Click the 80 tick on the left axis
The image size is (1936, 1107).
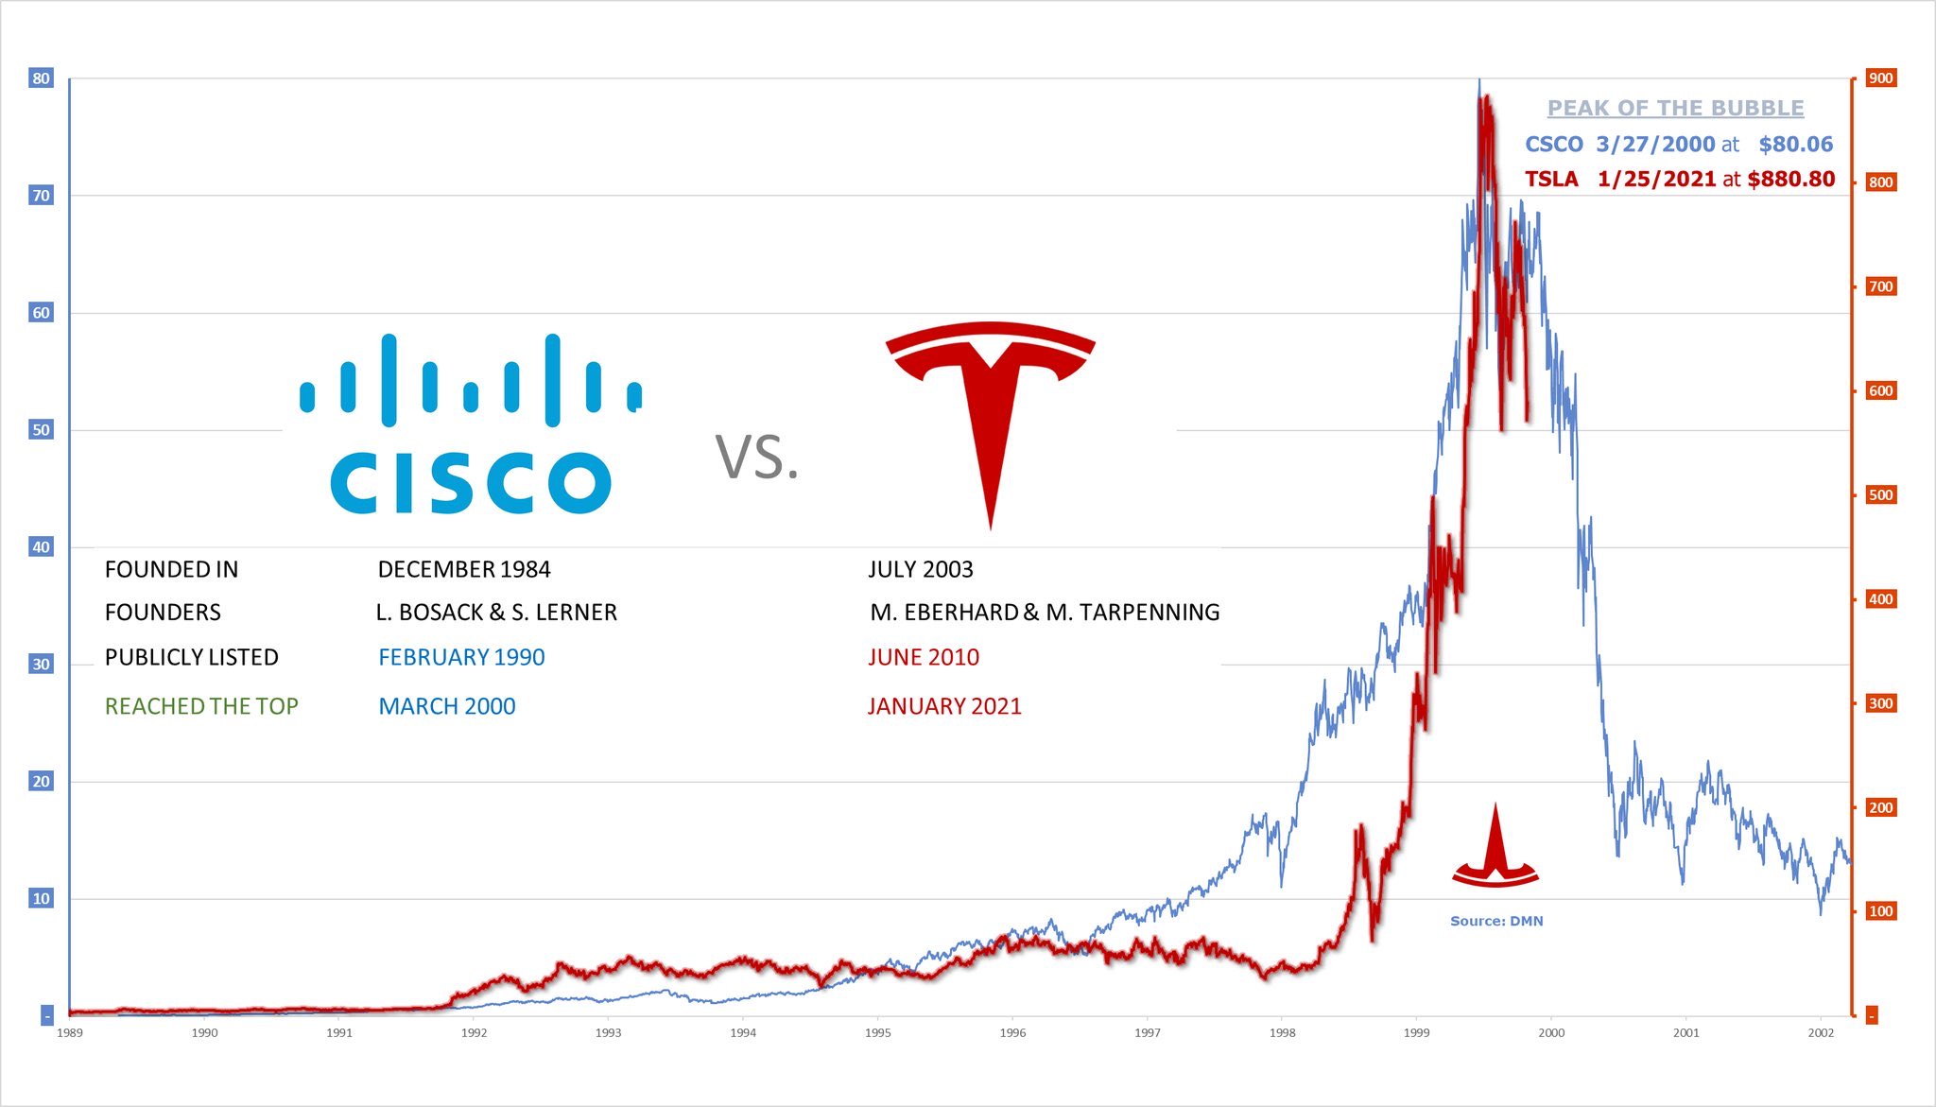pyautogui.click(x=41, y=78)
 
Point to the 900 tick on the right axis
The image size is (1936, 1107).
pyautogui.click(x=1880, y=78)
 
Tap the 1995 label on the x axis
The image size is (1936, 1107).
pyautogui.click(x=877, y=1033)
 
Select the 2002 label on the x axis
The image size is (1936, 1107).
pyautogui.click(x=1820, y=1033)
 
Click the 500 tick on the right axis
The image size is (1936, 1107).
pyautogui.click(x=1880, y=495)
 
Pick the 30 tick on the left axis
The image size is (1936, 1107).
pyautogui.click(x=41, y=665)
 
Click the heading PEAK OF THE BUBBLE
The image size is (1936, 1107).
pyautogui.click(x=1675, y=109)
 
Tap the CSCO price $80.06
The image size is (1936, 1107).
pyautogui.click(x=1795, y=145)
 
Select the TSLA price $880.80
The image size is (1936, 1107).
pyautogui.click(x=1790, y=180)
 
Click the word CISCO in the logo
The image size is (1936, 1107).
pyautogui.click(x=470, y=482)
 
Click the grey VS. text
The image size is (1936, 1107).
pyautogui.click(x=757, y=458)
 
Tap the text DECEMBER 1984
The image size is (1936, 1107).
pyautogui.click(x=463, y=569)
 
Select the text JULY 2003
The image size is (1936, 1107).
pyautogui.click(x=920, y=569)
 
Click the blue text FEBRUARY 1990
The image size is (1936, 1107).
pyautogui.click(x=461, y=657)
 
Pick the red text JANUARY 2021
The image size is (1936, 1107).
pyautogui.click(x=944, y=706)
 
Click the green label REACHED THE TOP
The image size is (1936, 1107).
pyautogui.click(x=201, y=706)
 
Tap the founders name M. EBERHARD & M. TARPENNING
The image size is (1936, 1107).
pyautogui.click(x=1045, y=613)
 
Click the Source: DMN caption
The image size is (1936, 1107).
pyautogui.click(x=1496, y=921)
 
